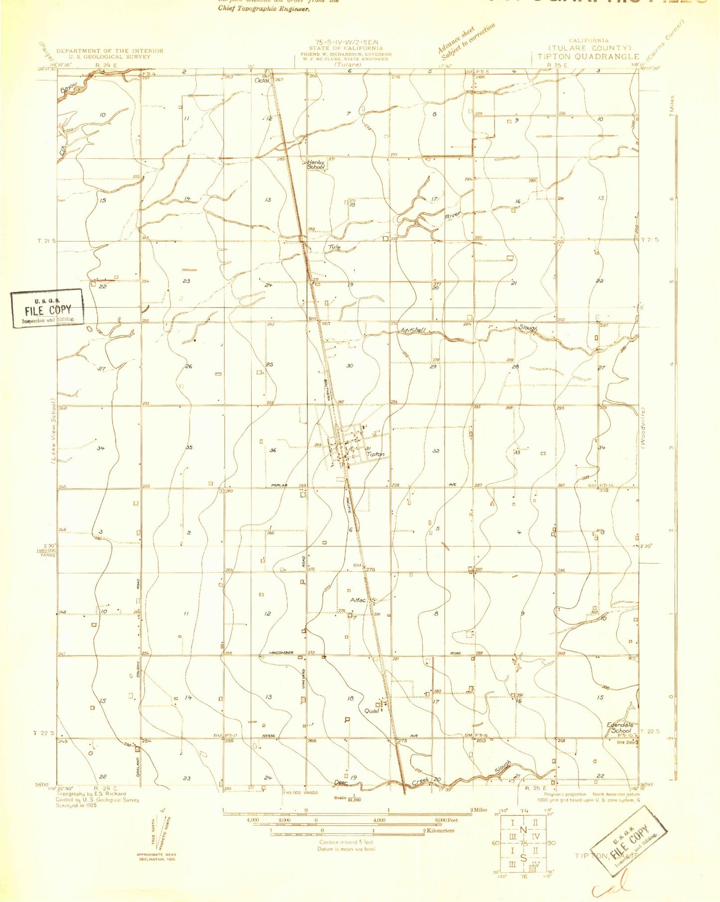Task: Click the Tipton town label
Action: (x=376, y=454)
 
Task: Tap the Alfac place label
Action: (x=358, y=600)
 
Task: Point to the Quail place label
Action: (x=372, y=710)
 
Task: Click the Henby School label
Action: (x=315, y=164)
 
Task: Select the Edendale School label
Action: (x=620, y=728)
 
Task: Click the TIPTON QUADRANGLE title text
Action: (x=588, y=57)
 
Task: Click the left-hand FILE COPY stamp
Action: (x=48, y=309)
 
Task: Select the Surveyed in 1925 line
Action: (x=76, y=805)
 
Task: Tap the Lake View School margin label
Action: (x=53, y=431)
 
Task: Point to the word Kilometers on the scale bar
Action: (x=439, y=830)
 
